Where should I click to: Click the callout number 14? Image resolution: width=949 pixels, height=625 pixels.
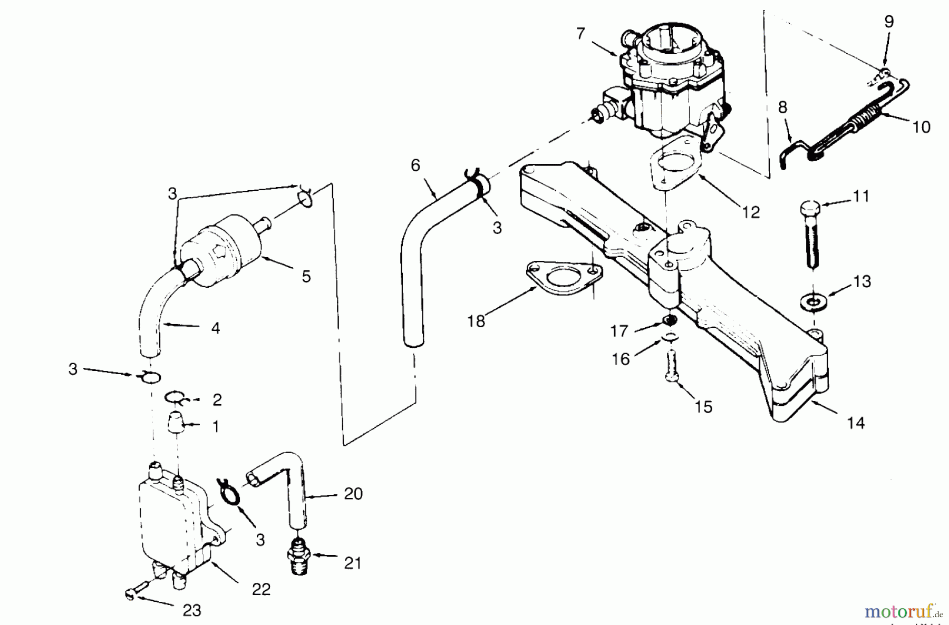click(856, 423)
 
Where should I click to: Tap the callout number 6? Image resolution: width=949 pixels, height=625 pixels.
click(415, 165)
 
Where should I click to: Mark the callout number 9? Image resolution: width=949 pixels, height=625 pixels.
click(889, 22)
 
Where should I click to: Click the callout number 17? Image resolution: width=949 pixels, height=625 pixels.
click(619, 331)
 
